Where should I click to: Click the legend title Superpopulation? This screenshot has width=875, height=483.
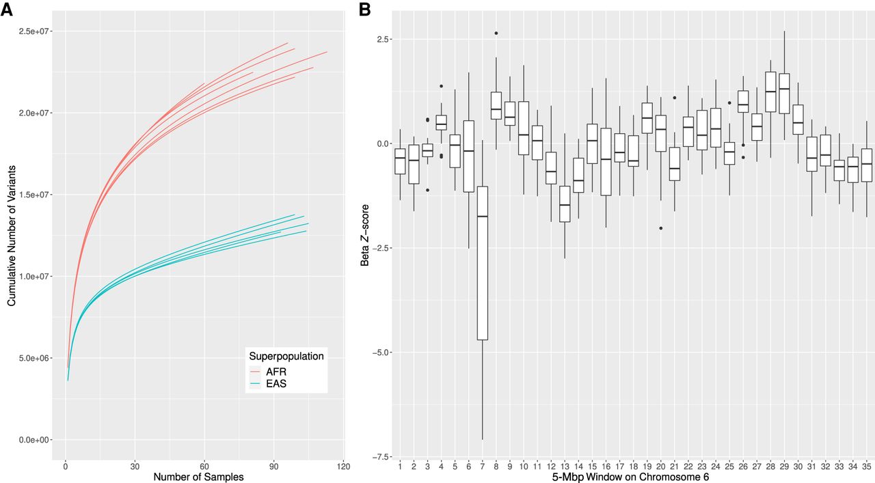point(286,356)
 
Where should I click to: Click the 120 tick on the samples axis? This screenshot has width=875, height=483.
point(343,466)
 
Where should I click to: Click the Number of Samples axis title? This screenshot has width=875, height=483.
point(198,477)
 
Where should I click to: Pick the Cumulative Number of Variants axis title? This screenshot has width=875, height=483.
point(12,236)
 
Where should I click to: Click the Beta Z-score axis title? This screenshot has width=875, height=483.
point(365,235)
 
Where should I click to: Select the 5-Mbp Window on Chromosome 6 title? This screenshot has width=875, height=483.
point(630,477)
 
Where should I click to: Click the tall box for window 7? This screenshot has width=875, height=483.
point(483,263)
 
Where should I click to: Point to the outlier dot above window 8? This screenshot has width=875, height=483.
point(496,33)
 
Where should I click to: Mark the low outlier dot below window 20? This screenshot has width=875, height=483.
point(661,228)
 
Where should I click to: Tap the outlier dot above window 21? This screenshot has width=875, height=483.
point(675,98)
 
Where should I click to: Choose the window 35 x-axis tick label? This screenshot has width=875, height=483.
point(867,466)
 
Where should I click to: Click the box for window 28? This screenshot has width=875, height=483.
point(770,92)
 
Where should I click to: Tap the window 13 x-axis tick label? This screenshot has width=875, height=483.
point(565,466)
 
